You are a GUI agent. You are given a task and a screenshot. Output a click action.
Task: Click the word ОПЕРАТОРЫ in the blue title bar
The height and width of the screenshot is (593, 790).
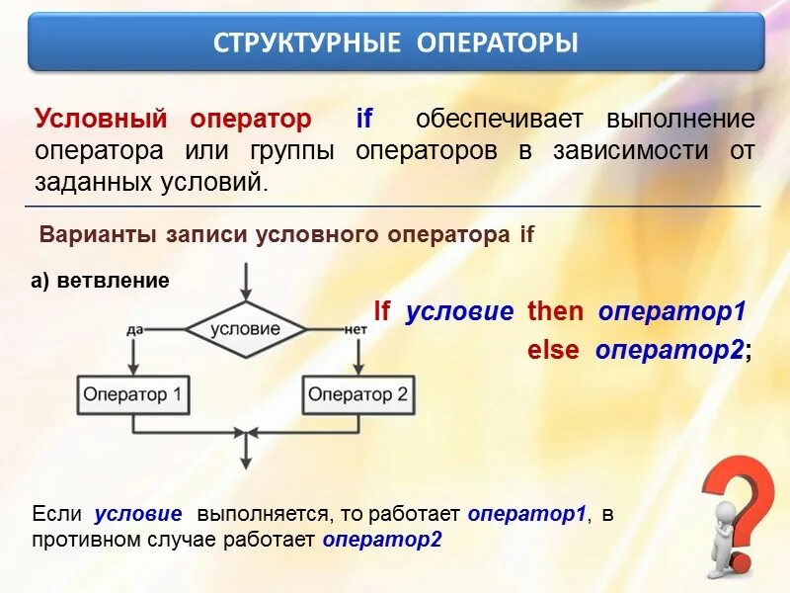pyautogui.click(x=498, y=42)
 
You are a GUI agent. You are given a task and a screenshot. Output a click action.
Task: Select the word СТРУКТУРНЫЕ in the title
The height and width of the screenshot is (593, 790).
pyautogui.click(x=306, y=42)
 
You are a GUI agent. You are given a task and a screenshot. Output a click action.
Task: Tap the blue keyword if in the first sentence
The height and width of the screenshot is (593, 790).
pyautogui.click(x=363, y=119)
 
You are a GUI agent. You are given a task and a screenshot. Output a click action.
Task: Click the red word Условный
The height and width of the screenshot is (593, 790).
pyautogui.click(x=101, y=120)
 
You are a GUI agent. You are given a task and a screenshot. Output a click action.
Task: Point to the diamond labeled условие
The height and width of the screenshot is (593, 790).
pyautogui.click(x=246, y=330)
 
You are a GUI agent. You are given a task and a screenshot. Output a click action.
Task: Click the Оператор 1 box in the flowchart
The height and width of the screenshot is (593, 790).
pyautogui.click(x=133, y=395)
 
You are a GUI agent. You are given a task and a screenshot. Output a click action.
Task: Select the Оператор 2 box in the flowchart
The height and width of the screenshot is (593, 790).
pyautogui.click(x=358, y=395)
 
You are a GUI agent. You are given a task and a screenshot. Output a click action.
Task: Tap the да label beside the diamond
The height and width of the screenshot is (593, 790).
pyautogui.click(x=134, y=330)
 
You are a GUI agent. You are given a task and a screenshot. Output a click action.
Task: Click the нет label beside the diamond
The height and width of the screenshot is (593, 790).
pyautogui.click(x=355, y=330)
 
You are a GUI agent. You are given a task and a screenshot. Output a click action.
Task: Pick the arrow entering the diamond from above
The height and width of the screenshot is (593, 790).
pyautogui.click(x=246, y=282)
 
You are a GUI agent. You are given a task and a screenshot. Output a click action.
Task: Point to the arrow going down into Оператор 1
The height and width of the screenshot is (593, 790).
pyautogui.click(x=133, y=357)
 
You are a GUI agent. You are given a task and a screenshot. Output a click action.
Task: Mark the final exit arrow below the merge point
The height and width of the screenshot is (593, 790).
pyautogui.click(x=246, y=452)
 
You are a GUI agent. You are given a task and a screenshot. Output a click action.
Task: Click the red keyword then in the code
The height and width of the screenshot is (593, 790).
pyautogui.click(x=555, y=311)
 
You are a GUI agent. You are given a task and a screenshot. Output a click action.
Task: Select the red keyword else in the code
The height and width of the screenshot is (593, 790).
pyautogui.click(x=553, y=350)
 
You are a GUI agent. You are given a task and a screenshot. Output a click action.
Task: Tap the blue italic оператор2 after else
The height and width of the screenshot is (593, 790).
pyautogui.click(x=670, y=351)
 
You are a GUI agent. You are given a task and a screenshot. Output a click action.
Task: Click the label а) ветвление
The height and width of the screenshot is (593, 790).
pyautogui.click(x=100, y=281)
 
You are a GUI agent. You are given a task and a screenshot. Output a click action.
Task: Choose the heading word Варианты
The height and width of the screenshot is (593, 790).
pyautogui.click(x=98, y=235)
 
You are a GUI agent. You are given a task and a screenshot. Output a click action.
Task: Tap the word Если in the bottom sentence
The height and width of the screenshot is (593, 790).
pyautogui.click(x=57, y=514)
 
